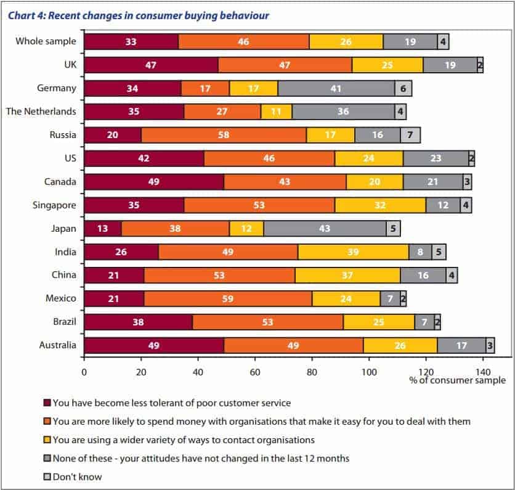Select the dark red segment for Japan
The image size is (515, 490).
pyautogui.click(x=103, y=228)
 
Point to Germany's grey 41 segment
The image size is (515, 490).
pyautogui.click(x=336, y=88)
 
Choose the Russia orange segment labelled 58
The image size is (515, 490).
pyautogui.click(x=224, y=135)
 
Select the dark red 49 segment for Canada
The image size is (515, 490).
pyautogui.click(x=154, y=181)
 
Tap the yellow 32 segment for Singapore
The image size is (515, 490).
pyautogui.click(x=381, y=205)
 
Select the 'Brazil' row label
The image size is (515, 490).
pyautogui.click(x=63, y=322)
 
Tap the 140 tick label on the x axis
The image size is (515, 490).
pyautogui.click(x=482, y=372)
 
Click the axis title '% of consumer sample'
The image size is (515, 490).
pyautogui.click(x=457, y=381)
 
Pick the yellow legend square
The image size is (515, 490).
pyautogui.click(x=47, y=440)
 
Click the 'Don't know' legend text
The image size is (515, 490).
pyautogui.click(x=77, y=476)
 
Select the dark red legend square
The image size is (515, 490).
pyautogui.click(x=47, y=403)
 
